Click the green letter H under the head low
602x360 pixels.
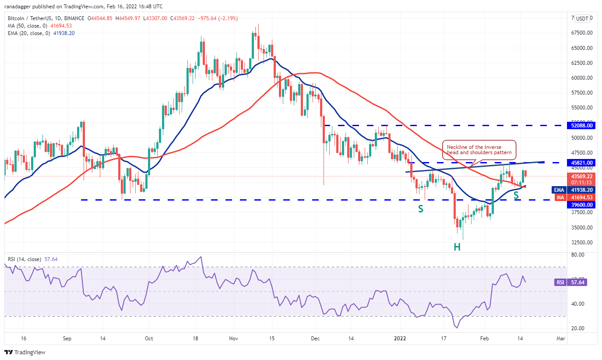coord(457,247)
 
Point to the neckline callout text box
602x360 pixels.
coord(479,150)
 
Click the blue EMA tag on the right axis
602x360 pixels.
coord(558,190)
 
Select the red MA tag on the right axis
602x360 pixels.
coord(559,198)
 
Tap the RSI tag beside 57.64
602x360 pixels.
coord(560,282)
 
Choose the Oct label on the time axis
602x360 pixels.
coord(149,338)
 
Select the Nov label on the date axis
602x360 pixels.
coord(233,338)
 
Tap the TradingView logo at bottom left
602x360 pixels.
coord(25,352)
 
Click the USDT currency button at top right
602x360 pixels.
coord(582,18)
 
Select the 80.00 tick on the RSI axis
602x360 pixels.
coord(579,254)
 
